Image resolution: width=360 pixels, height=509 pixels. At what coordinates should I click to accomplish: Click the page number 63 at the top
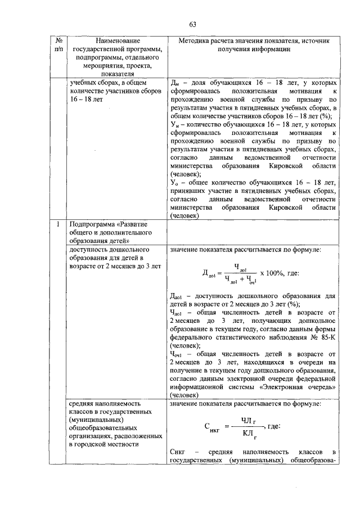[x=192, y=24]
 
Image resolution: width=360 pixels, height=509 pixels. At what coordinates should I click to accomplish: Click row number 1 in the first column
[x=58, y=226]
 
